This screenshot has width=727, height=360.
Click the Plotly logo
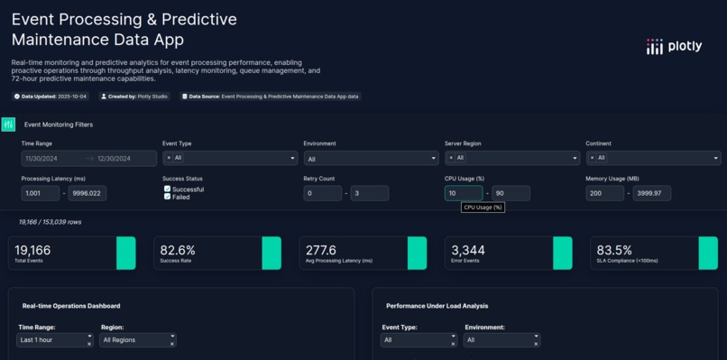673,47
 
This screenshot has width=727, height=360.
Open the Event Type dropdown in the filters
229,158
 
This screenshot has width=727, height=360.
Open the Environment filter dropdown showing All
370,158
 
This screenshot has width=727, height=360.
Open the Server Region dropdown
511,158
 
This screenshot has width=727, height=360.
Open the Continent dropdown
653,158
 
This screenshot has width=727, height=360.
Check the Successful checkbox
168,189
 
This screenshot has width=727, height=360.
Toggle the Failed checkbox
168,197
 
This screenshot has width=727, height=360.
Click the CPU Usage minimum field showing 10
463,193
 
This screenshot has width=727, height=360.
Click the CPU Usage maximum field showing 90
511,193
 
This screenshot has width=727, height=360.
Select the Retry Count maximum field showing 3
369,193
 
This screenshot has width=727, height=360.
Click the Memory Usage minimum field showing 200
604,193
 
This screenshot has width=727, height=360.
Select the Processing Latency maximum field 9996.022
87,193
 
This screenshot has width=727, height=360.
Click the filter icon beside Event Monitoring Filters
9,125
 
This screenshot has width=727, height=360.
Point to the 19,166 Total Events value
32,250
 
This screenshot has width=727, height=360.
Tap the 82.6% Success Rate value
178,250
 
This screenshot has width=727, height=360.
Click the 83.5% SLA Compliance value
614,250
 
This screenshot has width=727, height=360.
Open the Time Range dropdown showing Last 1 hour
54,340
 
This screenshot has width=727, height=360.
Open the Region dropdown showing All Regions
137,340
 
